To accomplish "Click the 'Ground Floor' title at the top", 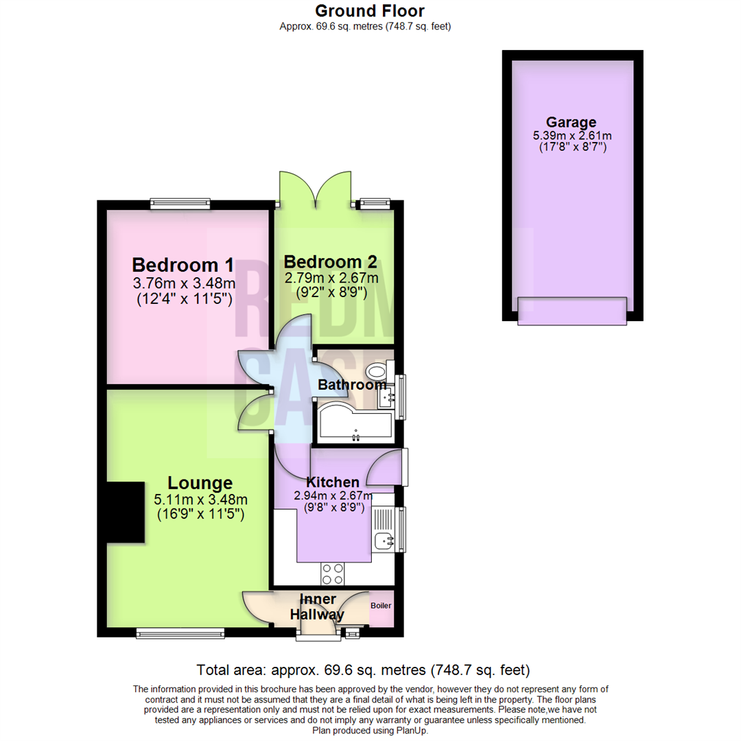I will coord(370,11).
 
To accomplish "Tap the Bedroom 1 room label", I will coord(183,265).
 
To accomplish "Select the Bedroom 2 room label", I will coord(331,261).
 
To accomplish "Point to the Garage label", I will coord(571,123).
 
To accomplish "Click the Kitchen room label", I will coord(332,482).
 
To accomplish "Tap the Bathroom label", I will coord(351,385).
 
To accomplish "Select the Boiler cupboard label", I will coord(381,607).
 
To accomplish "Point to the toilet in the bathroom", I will coord(377,372).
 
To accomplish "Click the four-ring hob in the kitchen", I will coord(333,572).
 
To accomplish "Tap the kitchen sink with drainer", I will coord(383,529).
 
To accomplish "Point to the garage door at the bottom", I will coord(572,310).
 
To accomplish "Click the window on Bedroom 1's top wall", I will coord(180,203).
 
